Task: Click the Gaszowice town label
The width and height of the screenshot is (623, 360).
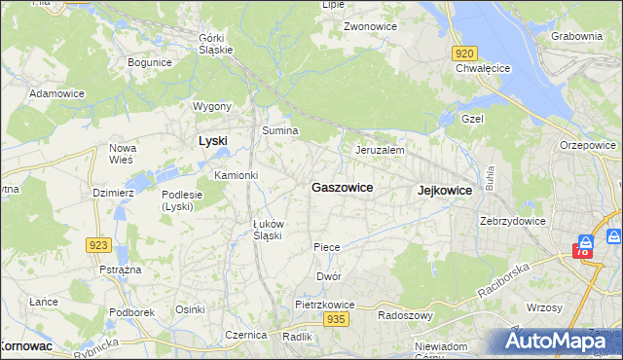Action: [342, 187]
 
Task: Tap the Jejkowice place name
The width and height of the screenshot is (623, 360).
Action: [444, 191]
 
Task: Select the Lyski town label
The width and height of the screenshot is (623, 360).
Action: [213, 140]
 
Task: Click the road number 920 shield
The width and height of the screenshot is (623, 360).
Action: [464, 54]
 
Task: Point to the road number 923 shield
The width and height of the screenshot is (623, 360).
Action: [98, 245]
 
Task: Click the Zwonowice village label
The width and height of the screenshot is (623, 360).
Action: [370, 26]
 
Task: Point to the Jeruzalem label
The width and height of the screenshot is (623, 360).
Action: [380, 151]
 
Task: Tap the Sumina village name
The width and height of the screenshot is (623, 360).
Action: [279, 129]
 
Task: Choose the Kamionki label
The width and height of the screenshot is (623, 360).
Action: [236, 175]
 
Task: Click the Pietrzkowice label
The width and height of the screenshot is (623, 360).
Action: [325, 305]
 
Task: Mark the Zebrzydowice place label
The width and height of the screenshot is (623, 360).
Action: [513, 221]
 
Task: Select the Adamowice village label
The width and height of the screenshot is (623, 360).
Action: [56, 93]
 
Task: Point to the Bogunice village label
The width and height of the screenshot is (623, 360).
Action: [150, 62]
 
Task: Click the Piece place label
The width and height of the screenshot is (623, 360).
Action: [327, 247]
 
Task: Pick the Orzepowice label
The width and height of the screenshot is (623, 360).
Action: [588, 145]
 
